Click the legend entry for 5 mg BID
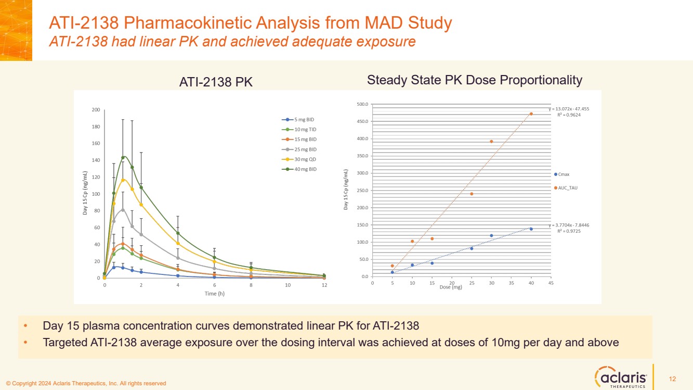click(x=301, y=120)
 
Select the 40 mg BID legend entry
click(x=301, y=169)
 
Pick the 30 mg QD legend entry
click(x=301, y=159)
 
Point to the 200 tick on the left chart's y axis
click(x=96, y=110)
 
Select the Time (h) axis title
click(x=214, y=294)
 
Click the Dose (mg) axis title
click(x=450, y=287)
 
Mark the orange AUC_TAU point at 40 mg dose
click(x=531, y=114)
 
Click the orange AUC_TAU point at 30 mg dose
click(x=491, y=142)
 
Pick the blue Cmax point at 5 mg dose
click(x=393, y=272)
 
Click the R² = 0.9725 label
click(x=569, y=231)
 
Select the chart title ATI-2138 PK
click(x=216, y=82)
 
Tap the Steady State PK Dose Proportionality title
click(x=474, y=80)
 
